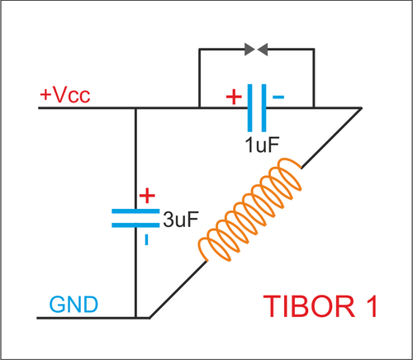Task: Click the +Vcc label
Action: [x=65, y=95]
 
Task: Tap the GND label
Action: [x=74, y=305]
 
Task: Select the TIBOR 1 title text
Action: [x=320, y=306]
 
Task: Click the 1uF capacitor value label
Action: [x=262, y=144]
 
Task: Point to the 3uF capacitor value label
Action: [x=181, y=220]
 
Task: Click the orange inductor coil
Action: [x=249, y=210]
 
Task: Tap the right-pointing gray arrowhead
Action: [x=249, y=50]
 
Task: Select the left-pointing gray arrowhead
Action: [x=263, y=50]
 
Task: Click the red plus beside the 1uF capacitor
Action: [x=234, y=97]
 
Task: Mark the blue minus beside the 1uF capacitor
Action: [x=278, y=97]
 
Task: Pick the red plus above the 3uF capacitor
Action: [x=147, y=196]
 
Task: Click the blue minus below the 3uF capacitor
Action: [x=146, y=239]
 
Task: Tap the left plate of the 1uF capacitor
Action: [x=249, y=108]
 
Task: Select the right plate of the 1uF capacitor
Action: [x=263, y=108]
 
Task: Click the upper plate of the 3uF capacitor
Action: [x=135, y=211]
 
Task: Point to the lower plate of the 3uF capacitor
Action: [x=135, y=225]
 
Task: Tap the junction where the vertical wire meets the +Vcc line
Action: [x=135, y=108]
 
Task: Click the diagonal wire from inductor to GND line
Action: [x=178, y=289]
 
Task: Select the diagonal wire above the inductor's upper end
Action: [x=331, y=138]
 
